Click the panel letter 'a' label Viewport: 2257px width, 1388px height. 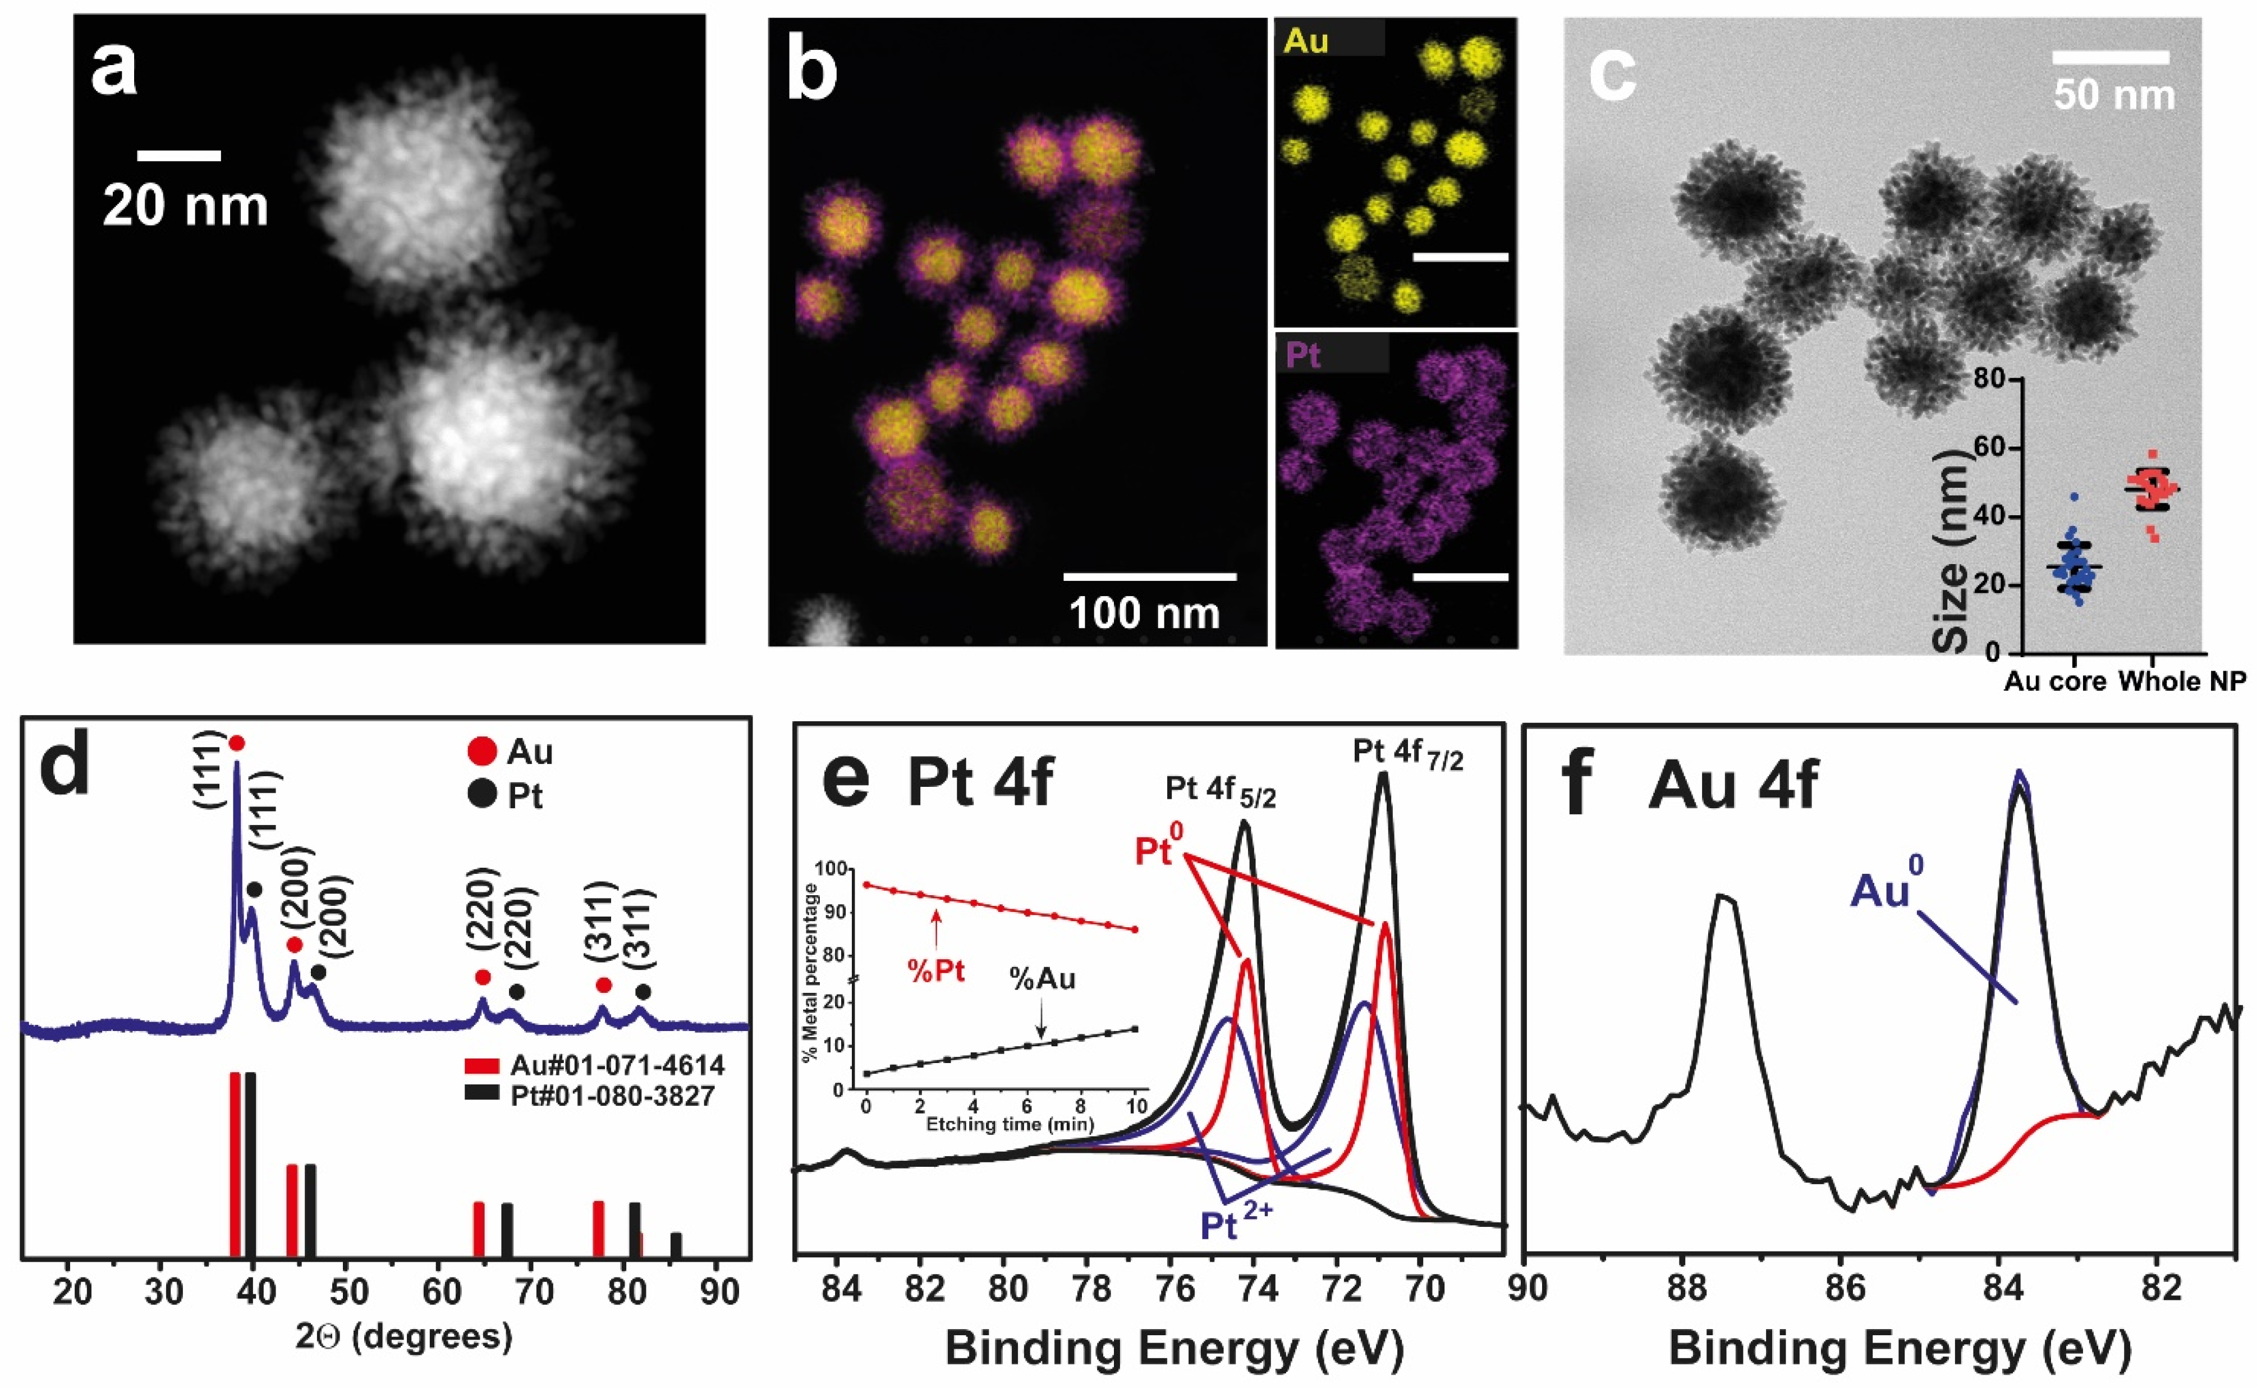point(114,72)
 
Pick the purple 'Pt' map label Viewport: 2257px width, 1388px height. point(1304,354)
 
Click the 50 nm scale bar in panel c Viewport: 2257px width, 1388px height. point(2110,58)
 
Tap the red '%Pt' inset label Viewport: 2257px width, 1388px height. point(936,970)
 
